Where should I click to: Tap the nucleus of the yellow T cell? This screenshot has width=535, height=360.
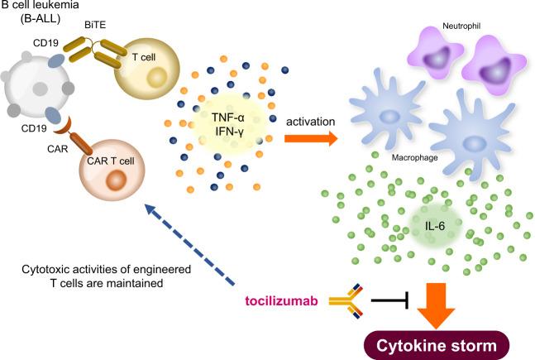point(155,80)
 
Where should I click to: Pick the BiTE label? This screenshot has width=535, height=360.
point(97,26)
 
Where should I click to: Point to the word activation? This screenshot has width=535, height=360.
point(310,122)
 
